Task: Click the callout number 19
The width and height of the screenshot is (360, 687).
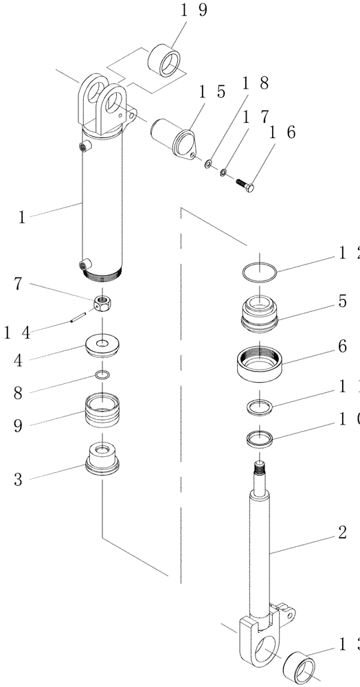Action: [x=175, y=11]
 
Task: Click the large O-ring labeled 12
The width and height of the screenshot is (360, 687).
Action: [x=260, y=271]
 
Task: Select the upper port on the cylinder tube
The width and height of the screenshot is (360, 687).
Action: [x=83, y=147]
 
